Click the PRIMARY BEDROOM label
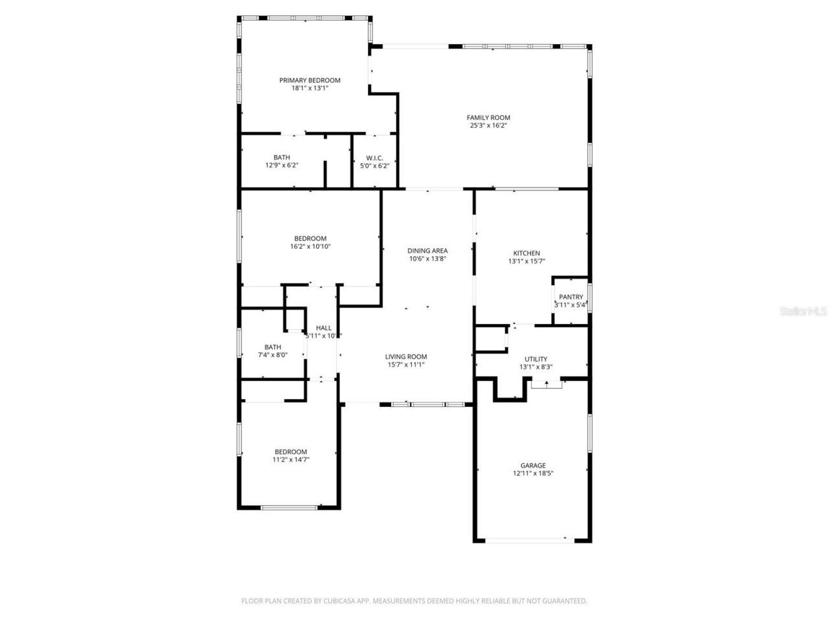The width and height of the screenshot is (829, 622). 310,80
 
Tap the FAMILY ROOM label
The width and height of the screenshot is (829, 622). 488,118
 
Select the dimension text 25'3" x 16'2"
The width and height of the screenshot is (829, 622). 488,126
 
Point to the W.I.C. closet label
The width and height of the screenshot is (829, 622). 374,157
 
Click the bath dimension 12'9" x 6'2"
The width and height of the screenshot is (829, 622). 282,165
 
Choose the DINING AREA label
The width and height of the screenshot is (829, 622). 427,251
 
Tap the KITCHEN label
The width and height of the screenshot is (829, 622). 527,253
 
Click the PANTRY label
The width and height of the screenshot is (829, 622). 571,297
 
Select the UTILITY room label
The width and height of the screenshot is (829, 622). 536,359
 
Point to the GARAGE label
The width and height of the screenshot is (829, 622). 533,465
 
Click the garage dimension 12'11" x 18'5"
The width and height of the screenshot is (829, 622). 533,473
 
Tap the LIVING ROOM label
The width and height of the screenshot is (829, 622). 406,356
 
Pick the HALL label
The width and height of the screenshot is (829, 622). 324,328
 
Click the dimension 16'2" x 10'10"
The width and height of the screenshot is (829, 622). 310,246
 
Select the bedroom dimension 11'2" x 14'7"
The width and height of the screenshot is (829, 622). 291,459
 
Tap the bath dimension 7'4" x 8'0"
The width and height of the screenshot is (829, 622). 273,354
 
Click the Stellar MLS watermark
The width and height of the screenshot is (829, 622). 803,311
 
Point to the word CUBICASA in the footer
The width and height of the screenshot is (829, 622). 341,601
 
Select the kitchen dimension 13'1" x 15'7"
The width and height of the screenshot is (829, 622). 527,261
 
